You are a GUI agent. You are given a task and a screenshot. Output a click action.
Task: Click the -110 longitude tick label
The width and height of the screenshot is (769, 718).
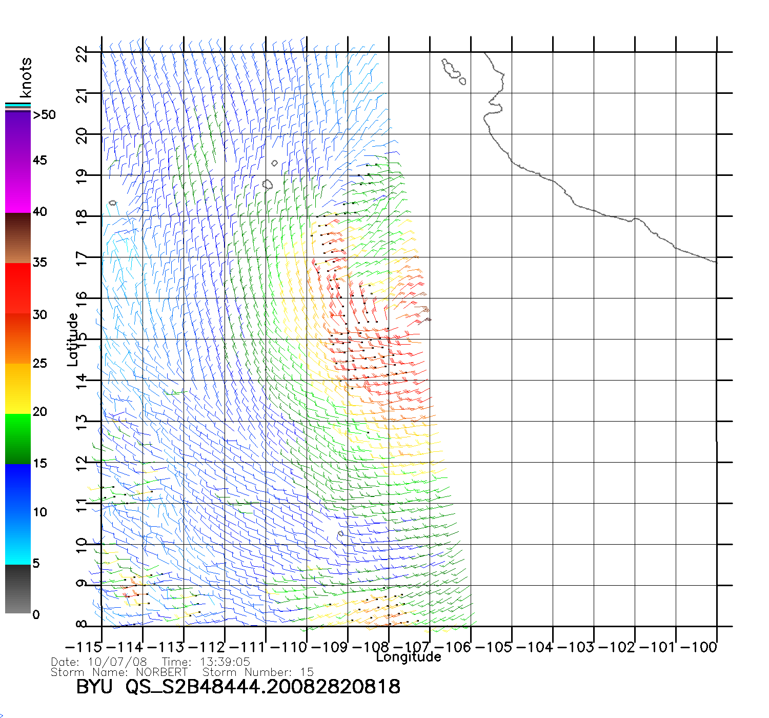[289, 647]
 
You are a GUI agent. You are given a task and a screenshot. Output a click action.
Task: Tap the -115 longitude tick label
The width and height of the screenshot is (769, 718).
[84, 647]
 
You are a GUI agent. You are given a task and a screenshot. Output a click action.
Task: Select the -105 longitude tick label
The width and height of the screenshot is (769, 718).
[494, 647]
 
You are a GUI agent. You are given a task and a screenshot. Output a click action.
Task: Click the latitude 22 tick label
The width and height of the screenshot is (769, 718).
[82, 54]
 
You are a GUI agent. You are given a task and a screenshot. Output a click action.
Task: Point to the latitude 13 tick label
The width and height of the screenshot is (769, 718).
[82, 422]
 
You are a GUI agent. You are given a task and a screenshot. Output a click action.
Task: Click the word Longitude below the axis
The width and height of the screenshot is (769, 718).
[409, 657]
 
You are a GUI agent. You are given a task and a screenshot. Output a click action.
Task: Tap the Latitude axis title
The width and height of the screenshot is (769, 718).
[73, 339]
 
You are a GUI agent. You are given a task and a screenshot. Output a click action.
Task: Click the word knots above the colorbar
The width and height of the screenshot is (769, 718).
[26, 77]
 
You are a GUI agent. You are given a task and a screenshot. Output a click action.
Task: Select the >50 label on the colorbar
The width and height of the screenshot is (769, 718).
[45, 115]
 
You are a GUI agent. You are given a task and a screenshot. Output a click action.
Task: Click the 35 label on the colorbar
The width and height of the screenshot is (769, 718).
[39, 263]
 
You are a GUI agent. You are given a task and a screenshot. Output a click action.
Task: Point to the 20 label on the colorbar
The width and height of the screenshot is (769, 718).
[39, 412]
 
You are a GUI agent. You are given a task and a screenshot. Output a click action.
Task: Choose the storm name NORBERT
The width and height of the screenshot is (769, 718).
[162, 672]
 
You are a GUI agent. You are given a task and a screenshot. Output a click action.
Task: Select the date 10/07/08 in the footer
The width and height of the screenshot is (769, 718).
[117, 662]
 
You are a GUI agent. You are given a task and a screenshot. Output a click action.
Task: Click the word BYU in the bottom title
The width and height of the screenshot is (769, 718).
[94, 687]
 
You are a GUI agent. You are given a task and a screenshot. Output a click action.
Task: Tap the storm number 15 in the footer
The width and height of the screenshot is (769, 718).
[307, 672]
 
